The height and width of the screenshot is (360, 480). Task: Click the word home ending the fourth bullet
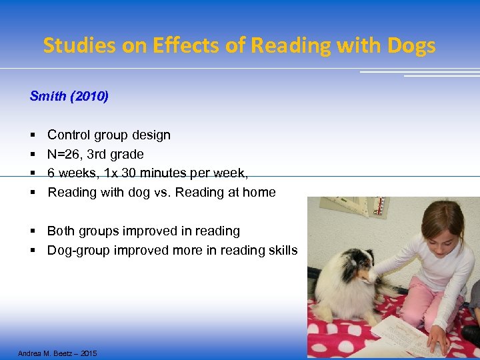pos(259,193)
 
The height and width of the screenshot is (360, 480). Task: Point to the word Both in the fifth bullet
pos(61,231)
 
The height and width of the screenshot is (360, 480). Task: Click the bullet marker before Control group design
pos(33,135)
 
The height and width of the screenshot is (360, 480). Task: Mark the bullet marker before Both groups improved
pos(33,231)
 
